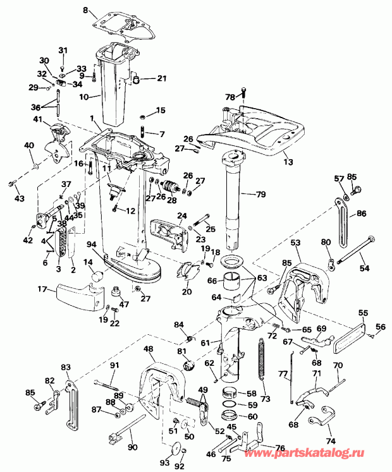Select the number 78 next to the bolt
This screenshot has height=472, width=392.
(x=230, y=97)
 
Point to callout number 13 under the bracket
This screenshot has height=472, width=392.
(x=288, y=162)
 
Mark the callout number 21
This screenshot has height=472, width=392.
(x=161, y=78)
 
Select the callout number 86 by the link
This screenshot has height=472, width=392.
(x=361, y=214)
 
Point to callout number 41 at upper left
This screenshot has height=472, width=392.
(x=37, y=119)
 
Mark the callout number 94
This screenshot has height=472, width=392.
(x=92, y=244)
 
